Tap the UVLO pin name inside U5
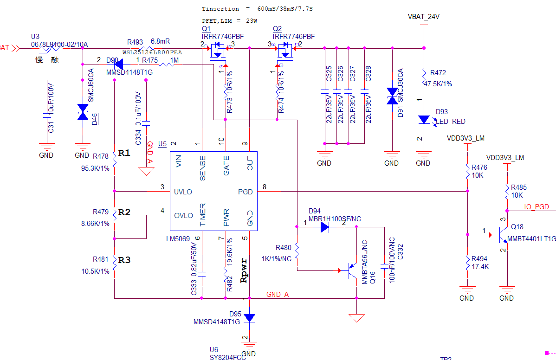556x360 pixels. coord(183,192)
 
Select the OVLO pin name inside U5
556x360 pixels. coord(183,215)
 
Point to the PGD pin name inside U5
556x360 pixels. coord(245,192)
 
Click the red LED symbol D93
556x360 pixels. coord(424,120)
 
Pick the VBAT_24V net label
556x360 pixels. coord(423,17)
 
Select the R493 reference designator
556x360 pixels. coord(135,41)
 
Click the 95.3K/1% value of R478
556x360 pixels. coord(95,168)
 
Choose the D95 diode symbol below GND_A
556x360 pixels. coord(250,318)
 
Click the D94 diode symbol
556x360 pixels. coord(324,227)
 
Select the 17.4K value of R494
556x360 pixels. coord(481,267)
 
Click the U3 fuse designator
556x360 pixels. coord(35,37)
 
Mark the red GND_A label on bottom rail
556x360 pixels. coord(278,295)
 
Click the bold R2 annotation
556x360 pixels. coord(124,212)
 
